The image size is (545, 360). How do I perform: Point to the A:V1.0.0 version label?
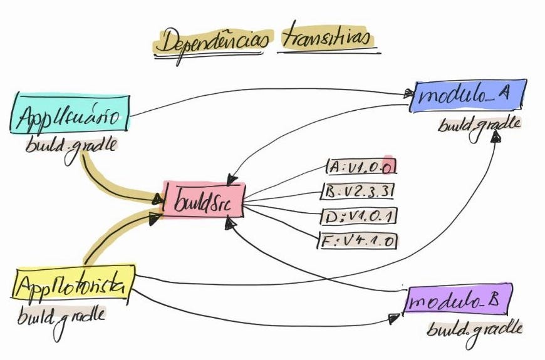coord(362,167)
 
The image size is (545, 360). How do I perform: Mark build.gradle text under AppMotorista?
coord(60,315)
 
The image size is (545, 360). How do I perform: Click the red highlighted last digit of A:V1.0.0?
coord(389,167)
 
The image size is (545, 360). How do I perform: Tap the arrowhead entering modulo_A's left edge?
coord(408,95)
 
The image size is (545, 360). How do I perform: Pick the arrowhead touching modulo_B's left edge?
coord(395,318)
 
